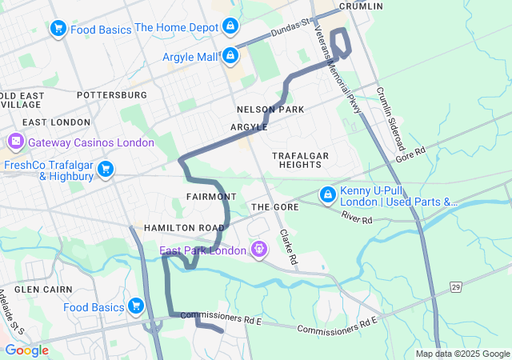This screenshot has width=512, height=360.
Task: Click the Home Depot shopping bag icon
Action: click(x=230, y=27)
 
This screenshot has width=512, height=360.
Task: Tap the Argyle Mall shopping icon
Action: click(x=230, y=56)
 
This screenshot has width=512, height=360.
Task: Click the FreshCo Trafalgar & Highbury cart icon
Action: click(x=105, y=170)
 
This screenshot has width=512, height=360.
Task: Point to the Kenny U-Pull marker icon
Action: click(x=328, y=194)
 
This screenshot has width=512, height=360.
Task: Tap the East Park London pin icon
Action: click(x=258, y=250)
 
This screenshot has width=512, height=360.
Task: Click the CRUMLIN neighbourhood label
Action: click(x=360, y=6)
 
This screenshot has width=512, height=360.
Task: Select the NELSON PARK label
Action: click(x=270, y=109)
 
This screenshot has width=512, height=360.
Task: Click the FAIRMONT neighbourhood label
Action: click(x=210, y=196)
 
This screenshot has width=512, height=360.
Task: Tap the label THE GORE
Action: click(x=274, y=206)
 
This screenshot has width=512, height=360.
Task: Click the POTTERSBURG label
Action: click(x=112, y=94)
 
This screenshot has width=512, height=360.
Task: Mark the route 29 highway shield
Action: click(x=455, y=286)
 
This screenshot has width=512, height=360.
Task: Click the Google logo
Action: click(x=27, y=350)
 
